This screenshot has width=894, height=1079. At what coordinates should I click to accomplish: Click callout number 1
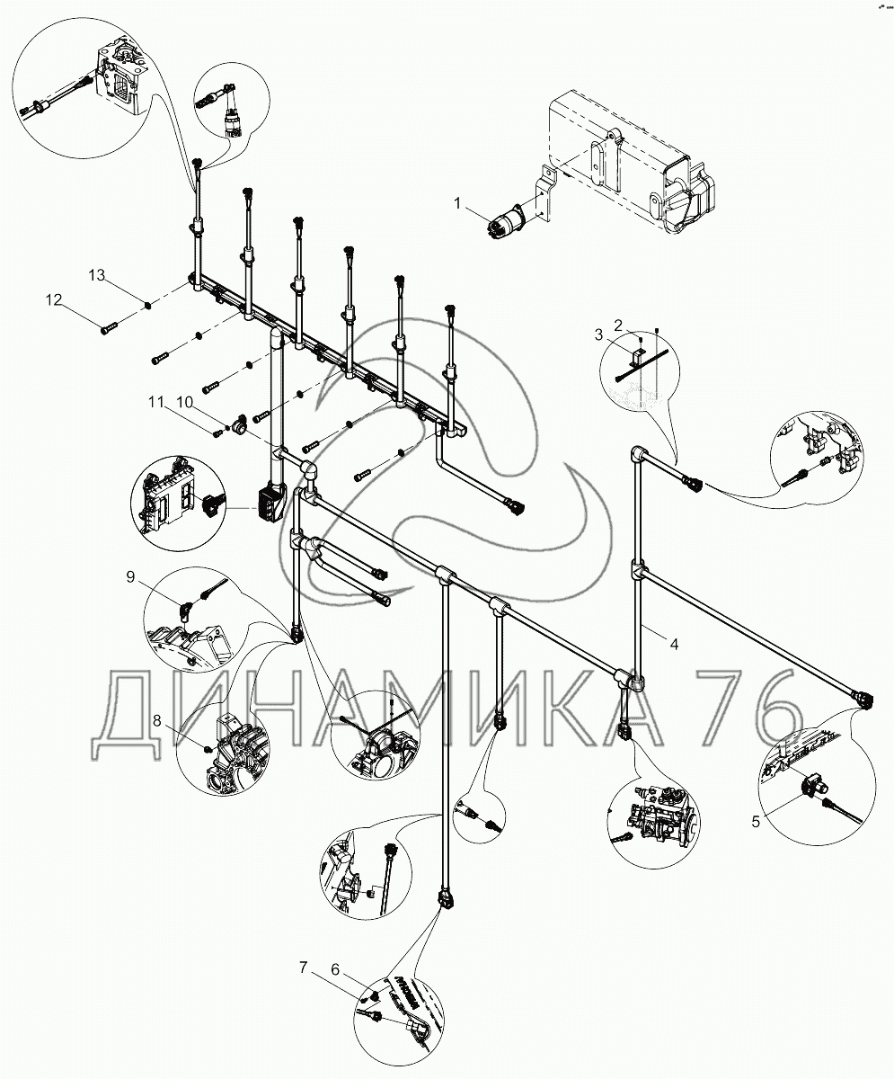tap(457, 205)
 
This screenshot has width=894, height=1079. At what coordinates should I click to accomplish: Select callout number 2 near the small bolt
tap(618, 324)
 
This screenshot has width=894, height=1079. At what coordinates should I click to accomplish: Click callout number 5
tap(756, 819)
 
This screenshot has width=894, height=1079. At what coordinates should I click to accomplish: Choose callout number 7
tap(305, 968)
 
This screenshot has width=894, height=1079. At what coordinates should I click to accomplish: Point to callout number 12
tap(55, 299)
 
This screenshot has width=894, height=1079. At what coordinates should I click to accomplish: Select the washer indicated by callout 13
tap(147, 305)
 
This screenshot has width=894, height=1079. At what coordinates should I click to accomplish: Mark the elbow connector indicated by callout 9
tap(186, 611)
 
